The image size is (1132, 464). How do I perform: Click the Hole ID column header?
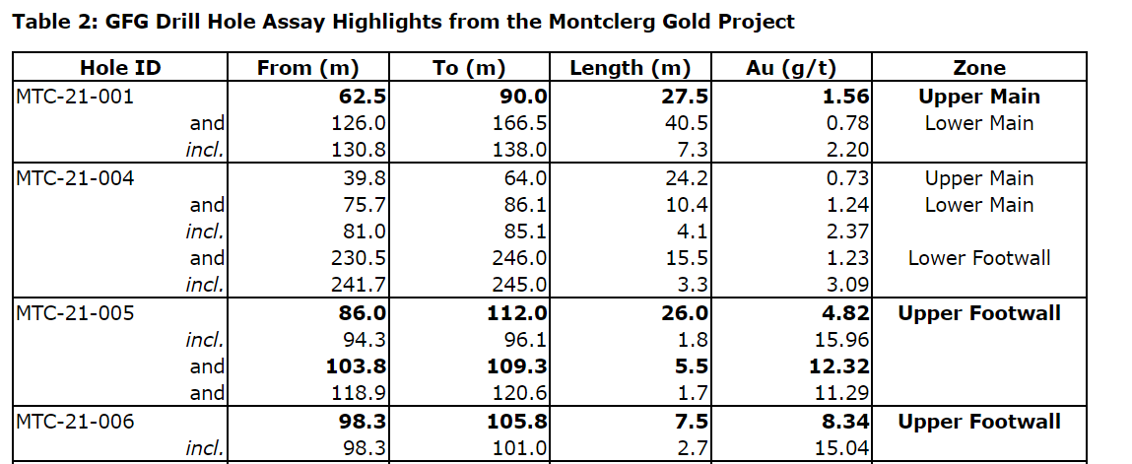point(119,68)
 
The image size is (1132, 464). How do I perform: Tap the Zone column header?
point(978,68)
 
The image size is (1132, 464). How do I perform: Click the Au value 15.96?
point(840,341)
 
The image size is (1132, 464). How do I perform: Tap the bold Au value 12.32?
point(837,367)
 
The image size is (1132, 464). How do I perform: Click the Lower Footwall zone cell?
point(978,259)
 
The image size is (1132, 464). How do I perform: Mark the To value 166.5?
point(519,124)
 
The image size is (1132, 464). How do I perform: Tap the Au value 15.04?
point(840,449)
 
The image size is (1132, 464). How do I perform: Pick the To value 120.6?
point(519,395)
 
